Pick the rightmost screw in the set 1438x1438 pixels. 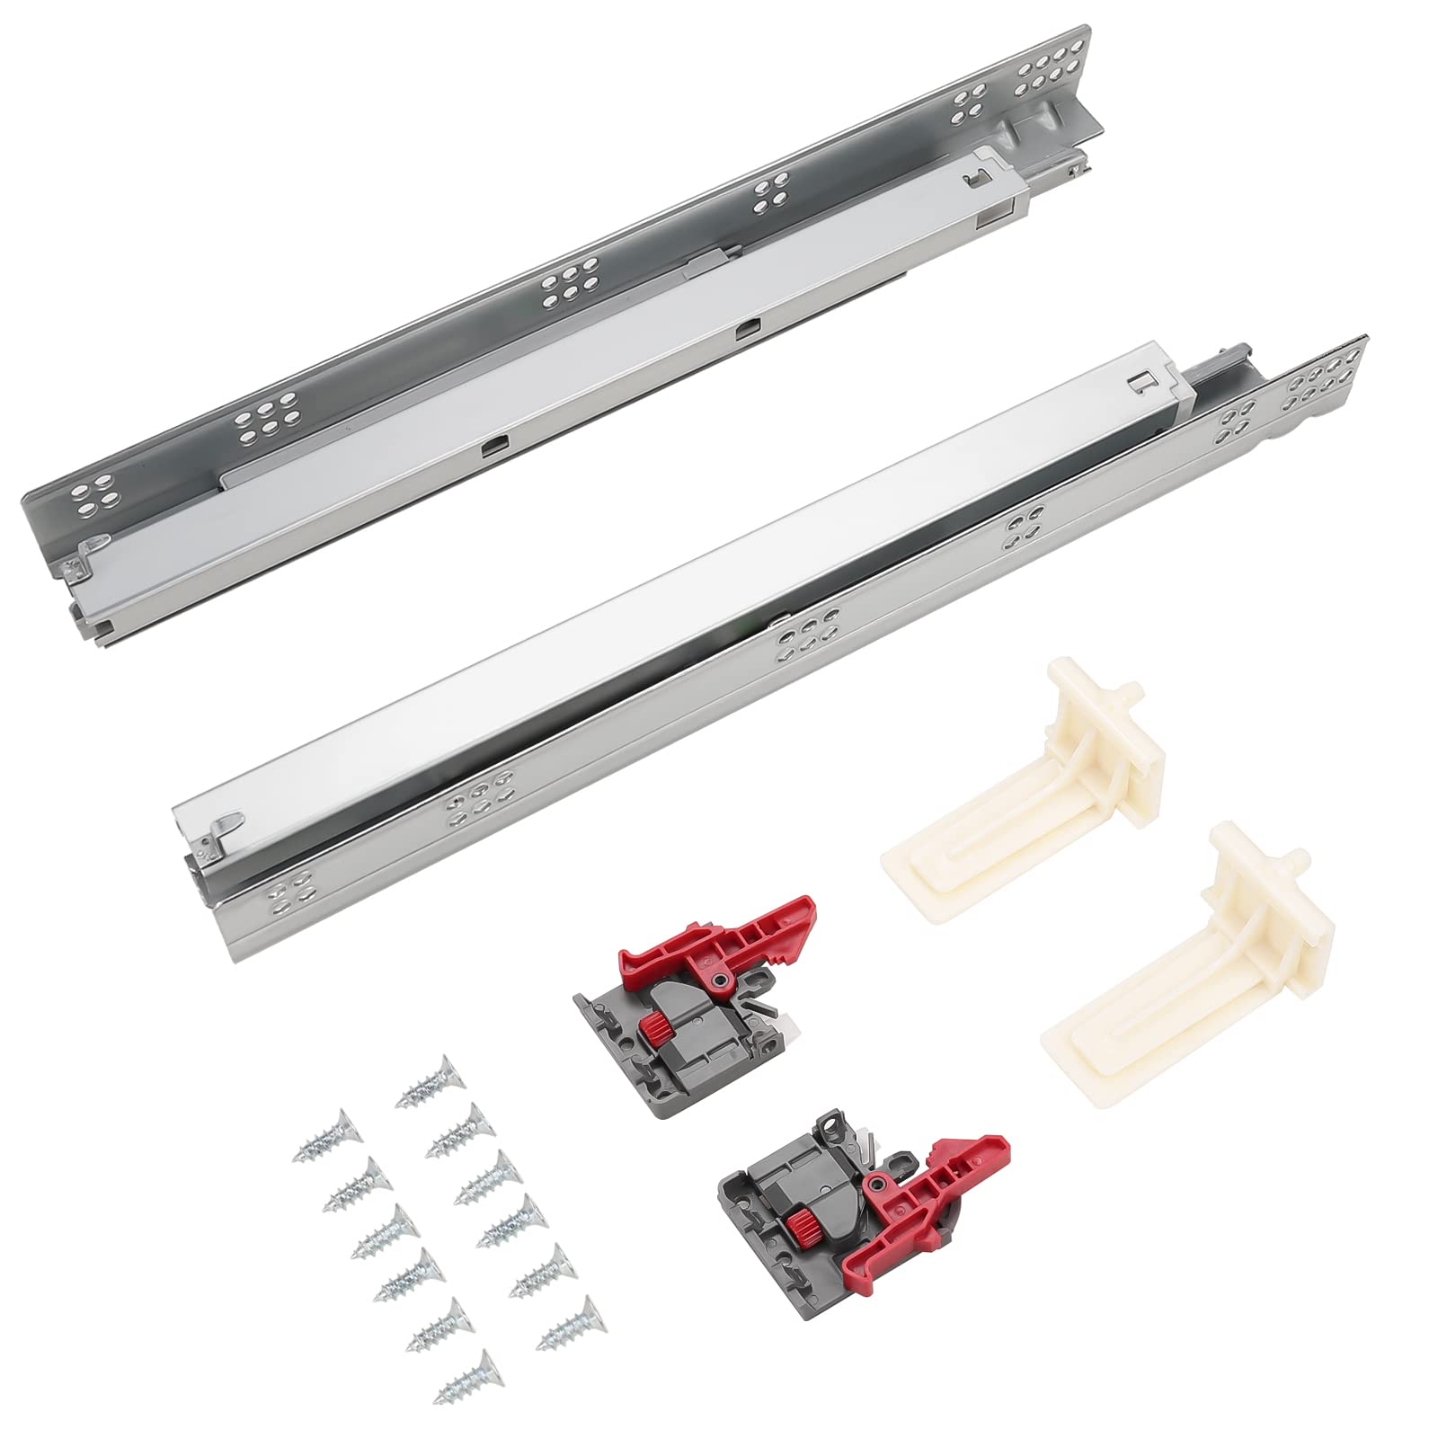click(566, 1325)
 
